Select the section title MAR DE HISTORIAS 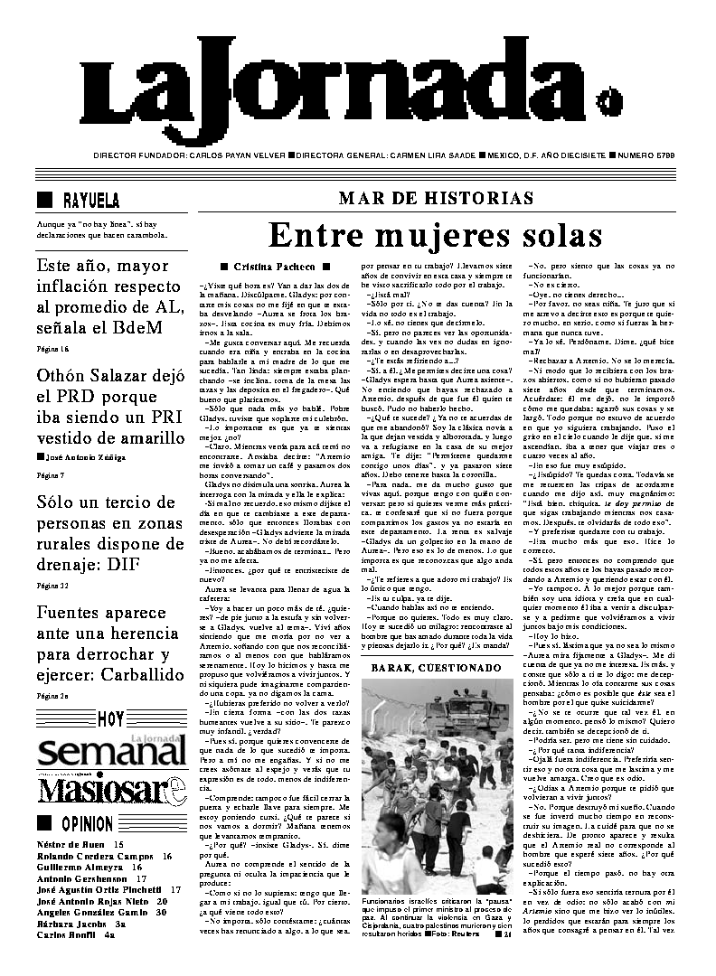pyautogui.click(x=436, y=199)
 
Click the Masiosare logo pyautogui.click(x=112, y=790)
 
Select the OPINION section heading pyautogui.click(x=87, y=824)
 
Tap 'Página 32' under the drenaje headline pyautogui.click(x=52, y=586)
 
